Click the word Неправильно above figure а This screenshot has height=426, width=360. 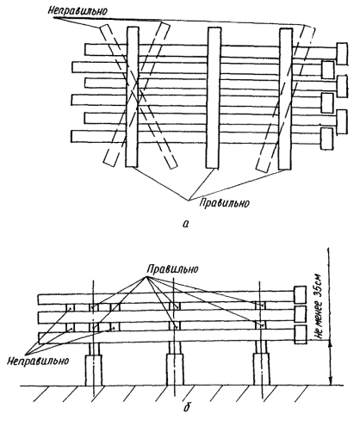pos(78,11)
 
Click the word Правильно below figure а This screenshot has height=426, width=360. pos(224,203)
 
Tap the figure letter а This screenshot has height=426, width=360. pos(186,224)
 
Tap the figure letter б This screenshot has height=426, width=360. pos(187,406)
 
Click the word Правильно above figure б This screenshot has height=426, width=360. pos(172,269)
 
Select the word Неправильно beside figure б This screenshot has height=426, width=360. pos(38,361)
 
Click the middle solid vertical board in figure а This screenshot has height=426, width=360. pos(214,97)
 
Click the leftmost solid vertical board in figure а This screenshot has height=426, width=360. pos(133,97)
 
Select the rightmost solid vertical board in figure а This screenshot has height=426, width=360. pos(286,99)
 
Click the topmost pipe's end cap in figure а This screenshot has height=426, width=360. pos(342,53)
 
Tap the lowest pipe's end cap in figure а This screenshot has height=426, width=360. pos(327,139)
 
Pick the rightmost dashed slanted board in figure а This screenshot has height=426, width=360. pos(286,99)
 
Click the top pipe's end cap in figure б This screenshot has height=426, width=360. pos(300,294)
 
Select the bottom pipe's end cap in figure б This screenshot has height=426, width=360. pos(300,335)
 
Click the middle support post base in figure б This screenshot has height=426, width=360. pos(175,369)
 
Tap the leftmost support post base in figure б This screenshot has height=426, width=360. pos(94,370)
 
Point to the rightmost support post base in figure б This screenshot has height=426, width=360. pos(262,369)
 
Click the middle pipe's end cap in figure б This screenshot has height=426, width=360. pos(300,314)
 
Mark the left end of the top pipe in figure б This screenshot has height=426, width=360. pos(38,299)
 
